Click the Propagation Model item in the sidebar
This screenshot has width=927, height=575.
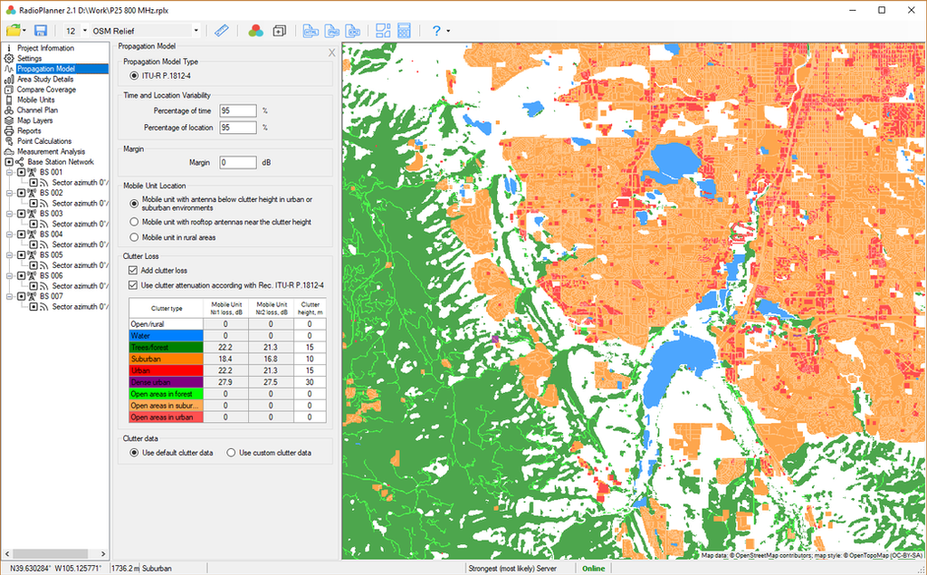[45, 69]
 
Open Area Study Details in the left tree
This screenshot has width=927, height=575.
[45, 79]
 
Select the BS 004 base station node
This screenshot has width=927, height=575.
[51, 234]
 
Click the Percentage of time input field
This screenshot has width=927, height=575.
[238, 110]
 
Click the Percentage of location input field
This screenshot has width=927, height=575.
[238, 128]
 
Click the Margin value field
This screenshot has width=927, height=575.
[238, 163]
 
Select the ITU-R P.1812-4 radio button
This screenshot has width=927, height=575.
[134, 75]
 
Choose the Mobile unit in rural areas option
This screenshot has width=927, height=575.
[134, 237]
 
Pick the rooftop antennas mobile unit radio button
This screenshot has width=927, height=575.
[134, 222]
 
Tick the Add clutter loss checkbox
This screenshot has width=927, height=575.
[134, 271]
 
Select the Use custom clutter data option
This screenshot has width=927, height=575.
[231, 453]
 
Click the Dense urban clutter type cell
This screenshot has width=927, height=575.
[167, 383]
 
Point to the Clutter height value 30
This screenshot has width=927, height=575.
[310, 383]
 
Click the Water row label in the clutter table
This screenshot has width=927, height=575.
[167, 336]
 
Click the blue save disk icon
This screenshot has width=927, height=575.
[41, 31]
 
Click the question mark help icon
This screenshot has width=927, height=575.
[436, 31]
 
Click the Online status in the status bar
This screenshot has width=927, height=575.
[594, 568]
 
